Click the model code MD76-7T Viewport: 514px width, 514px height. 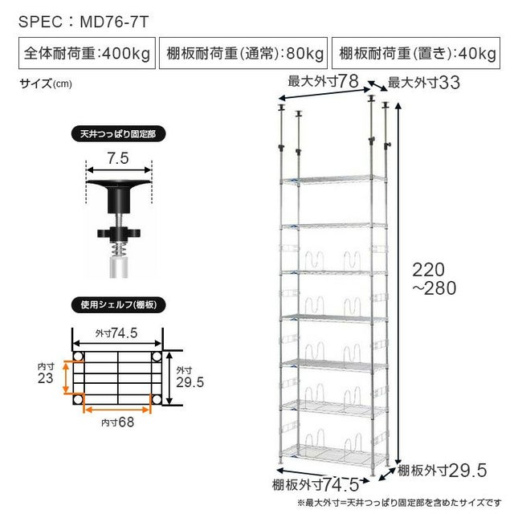click(x=114, y=22)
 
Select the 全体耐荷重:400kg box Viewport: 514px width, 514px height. click(x=87, y=53)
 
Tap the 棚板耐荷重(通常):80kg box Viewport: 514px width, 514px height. click(x=243, y=53)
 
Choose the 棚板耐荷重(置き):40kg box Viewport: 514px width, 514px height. click(x=416, y=53)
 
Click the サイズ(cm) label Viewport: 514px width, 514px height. click(x=46, y=84)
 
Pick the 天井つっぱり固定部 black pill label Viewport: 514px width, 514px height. click(x=118, y=134)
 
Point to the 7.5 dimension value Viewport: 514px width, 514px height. click(x=118, y=158)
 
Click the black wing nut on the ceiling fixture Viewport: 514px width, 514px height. click(x=119, y=234)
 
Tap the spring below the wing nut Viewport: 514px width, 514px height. click(x=119, y=248)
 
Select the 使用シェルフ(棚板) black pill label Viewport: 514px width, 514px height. click(x=118, y=305)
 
